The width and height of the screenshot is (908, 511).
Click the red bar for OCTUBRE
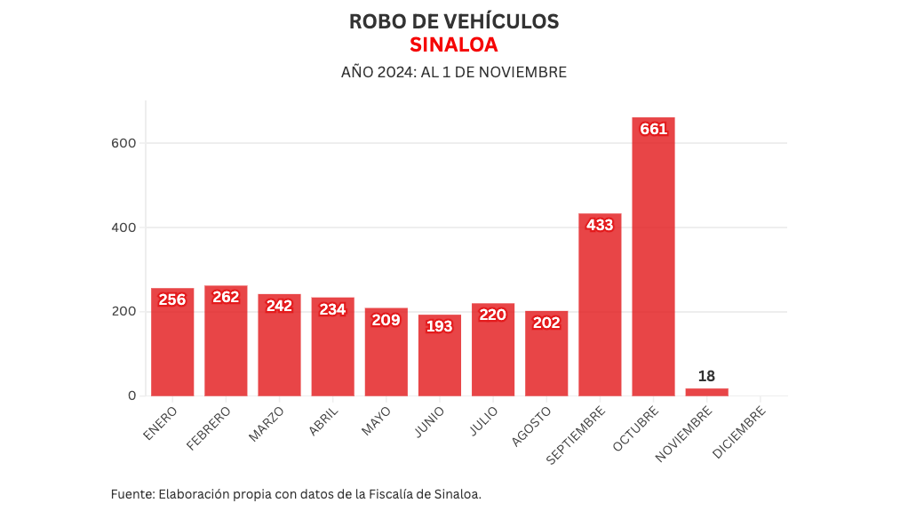click(x=653, y=267)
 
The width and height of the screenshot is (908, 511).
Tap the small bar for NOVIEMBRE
click(x=706, y=392)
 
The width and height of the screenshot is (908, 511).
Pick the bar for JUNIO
click(x=440, y=360)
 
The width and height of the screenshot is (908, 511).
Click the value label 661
click(x=653, y=129)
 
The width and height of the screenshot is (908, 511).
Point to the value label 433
click(x=600, y=225)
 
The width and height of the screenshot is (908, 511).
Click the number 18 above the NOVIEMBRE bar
click(x=706, y=376)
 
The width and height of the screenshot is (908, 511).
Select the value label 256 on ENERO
click(x=172, y=299)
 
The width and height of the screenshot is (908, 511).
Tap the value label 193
click(x=440, y=326)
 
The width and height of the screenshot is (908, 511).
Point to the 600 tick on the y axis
click(x=123, y=143)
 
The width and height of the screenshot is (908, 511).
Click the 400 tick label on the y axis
click(x=123, y=228)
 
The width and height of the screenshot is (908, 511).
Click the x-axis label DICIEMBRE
click(x=739, y=434)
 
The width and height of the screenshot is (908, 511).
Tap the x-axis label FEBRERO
click(x=210, y=427)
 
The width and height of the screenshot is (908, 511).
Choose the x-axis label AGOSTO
click(x=532, y=426)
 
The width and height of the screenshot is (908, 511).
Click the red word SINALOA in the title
click(x=453, y=44)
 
